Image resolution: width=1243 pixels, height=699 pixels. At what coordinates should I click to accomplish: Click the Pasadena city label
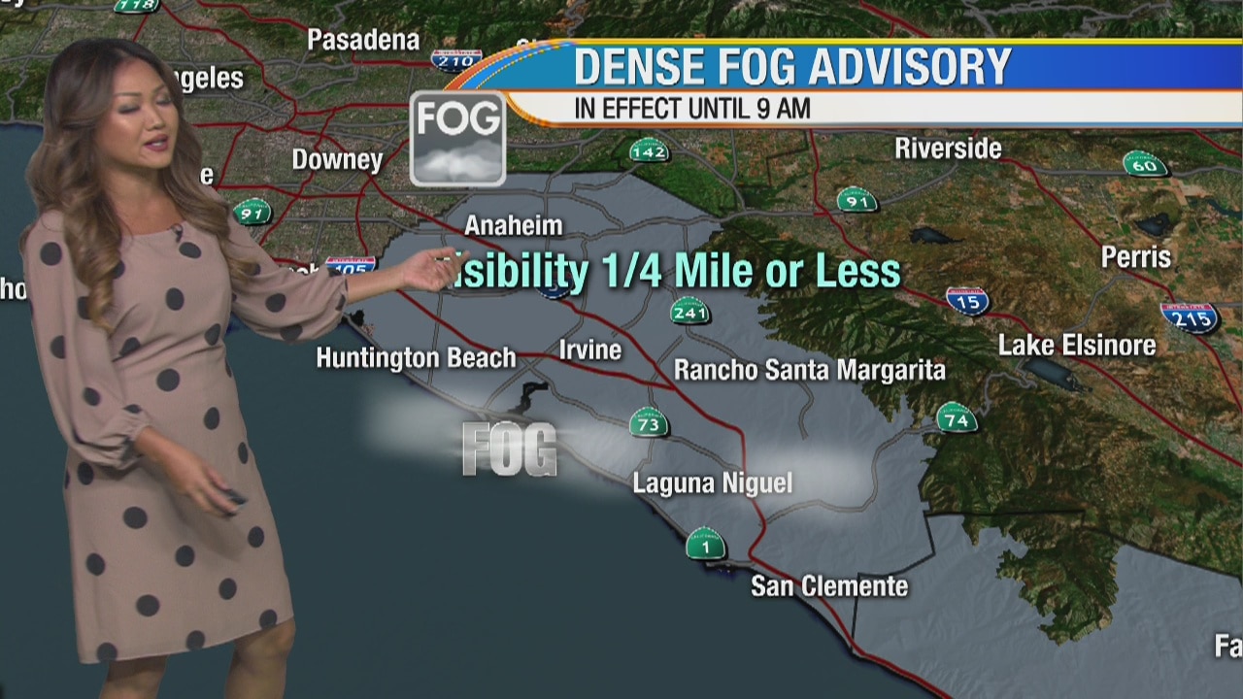click(x=363, y=40)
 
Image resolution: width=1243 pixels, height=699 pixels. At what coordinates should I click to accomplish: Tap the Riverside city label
click(x=948, y=149)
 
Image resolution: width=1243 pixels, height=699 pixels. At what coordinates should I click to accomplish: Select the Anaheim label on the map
click(x=514, y=225)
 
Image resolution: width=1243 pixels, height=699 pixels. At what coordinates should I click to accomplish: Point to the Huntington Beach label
click(x=416, y=357)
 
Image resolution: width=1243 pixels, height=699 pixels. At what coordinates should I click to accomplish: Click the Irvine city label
click(x=590, y=349)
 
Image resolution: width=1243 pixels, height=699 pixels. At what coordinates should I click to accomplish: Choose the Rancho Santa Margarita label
click(x=810, y=370)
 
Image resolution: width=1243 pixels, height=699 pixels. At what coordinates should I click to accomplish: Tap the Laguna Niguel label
click(x=713, y=483)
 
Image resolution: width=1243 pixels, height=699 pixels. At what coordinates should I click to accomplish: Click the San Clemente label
click(x=829, y=586)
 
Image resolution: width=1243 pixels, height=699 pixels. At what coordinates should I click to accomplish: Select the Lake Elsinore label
click(x=1077, y=345)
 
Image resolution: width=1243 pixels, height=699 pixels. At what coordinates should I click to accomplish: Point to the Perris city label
click(x=1136, y=257)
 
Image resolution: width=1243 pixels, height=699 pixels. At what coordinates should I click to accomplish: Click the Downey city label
click(x=338, y=159)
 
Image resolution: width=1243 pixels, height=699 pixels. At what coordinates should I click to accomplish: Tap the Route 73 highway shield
click(x=648, y=422)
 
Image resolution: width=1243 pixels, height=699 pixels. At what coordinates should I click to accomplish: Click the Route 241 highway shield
click(x=689, y=313)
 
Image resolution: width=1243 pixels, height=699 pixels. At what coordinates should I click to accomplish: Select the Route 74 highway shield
click(x=957, y=417)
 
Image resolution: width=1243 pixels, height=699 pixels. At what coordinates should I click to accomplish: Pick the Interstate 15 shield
click(x=967, y=300)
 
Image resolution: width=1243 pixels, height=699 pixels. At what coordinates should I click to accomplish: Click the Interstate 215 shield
click(x=1190, y=316)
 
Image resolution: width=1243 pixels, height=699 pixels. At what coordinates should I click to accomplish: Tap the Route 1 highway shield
click(x=706, y=544)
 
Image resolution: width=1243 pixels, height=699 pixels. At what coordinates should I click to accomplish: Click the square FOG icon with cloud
click(x=457, y=138)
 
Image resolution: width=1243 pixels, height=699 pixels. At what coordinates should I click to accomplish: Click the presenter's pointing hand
click(x=429, y=270)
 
